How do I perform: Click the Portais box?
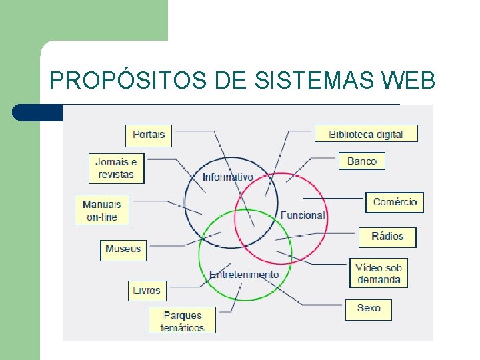tap(149, 135)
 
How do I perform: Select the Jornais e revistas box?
tap(116, 168)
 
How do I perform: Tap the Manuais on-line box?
tap(101, 210)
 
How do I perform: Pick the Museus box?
tap(123, 249)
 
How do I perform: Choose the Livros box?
tap(147, 291)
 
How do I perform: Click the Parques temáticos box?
tap(183, 321)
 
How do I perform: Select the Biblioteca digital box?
tap(366, 134)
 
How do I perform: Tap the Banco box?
tap(362, 161)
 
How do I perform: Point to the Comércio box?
tap(395, 202)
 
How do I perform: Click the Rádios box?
tap(387, 237)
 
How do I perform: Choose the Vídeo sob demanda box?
tap(378, 273)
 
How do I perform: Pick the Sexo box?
tap(368, 308)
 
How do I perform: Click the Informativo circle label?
tap(228, 177)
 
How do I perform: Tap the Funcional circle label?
tap(303, 215)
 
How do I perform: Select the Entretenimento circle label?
tap(244, 275)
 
